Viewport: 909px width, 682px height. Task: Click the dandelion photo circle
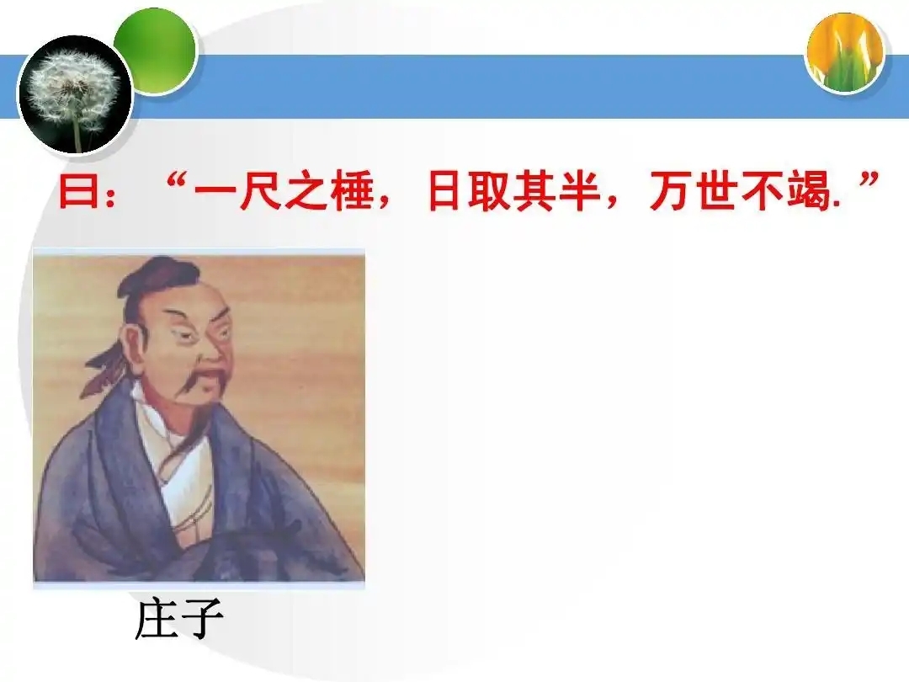point(75,95)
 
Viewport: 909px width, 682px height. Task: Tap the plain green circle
point(156,49)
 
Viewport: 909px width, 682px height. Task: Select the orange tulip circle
point(846,53)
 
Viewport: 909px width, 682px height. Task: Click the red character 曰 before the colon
point(78,191)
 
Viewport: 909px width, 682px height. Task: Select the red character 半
point(580,191)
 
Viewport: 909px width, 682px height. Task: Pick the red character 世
point(718,191)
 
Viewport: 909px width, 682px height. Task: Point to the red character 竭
point(810,191)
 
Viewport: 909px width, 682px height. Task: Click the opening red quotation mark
point(176,182)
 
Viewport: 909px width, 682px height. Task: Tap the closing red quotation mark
point(869,182)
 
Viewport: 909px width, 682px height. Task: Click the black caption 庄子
point(179,619)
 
